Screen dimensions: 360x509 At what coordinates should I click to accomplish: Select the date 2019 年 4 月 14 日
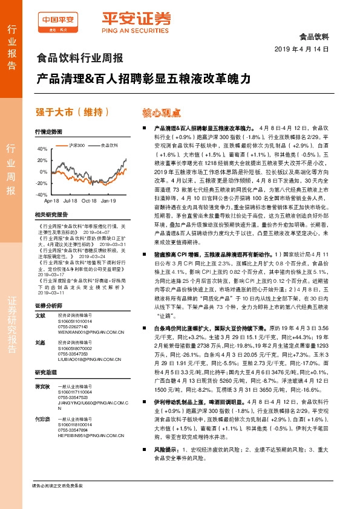[x=301, y=48]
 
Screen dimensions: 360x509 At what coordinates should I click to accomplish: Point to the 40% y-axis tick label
[x=41, y=148]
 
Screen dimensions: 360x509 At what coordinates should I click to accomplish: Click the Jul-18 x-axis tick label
[x=70, y=200]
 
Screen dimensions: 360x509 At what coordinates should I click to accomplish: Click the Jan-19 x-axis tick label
[x=109, y=200]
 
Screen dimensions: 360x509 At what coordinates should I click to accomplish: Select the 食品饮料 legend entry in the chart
[x=109, y=146]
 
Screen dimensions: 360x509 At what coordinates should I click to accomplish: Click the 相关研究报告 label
[x=50, y=214]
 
